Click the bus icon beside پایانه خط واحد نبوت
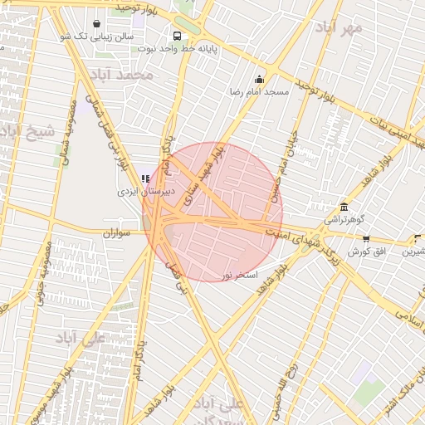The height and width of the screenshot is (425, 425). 177,36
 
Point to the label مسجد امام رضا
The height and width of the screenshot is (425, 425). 261,91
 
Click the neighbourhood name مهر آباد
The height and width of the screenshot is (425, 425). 339,27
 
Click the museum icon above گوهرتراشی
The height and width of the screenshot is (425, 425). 343,207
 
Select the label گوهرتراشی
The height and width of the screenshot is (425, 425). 343,220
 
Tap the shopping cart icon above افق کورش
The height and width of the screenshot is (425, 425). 366,238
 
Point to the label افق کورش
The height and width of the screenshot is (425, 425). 366,251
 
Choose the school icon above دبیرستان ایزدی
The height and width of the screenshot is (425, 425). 145,178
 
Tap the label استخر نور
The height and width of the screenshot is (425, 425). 240,273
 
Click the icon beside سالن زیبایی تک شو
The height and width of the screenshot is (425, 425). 98,23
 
